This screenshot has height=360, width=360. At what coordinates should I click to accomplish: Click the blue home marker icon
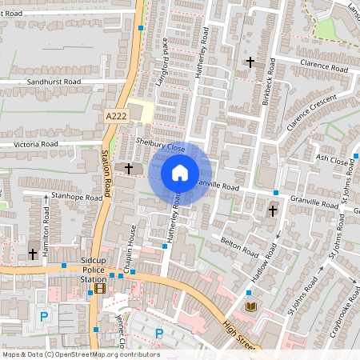point(179,172)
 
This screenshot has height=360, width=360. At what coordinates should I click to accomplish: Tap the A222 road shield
point(117,117)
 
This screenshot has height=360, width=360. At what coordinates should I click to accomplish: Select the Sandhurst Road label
point(54,82)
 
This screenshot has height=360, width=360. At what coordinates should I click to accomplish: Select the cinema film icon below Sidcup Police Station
point(100,289)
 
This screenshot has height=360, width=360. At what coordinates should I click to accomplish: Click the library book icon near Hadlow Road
point(251,307)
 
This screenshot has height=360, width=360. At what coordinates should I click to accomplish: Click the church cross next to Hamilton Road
point(33,254)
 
